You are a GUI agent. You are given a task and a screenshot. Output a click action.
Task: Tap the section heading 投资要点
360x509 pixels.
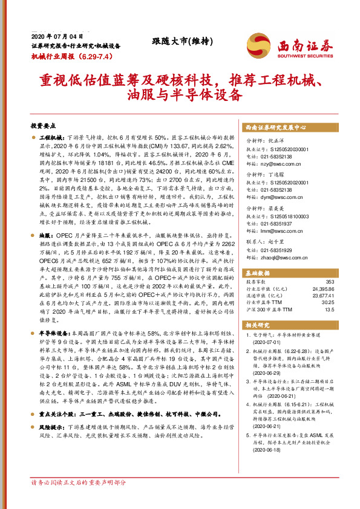[x=43, y=126]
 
